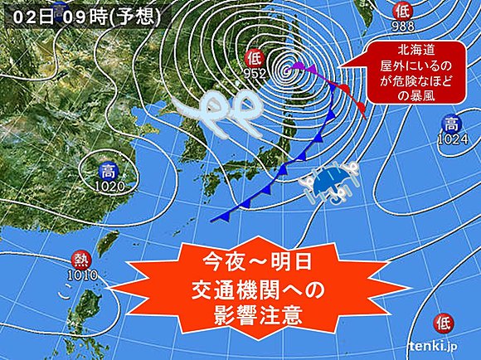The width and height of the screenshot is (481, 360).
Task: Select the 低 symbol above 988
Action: [x=402, y=11]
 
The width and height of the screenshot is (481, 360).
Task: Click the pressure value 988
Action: [x=402, y=24]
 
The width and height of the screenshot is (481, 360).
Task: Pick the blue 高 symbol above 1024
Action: [x=450, y=125]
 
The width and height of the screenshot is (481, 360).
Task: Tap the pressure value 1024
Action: [x=450, y=139]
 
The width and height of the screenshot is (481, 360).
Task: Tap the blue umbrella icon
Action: [x=330, y=181]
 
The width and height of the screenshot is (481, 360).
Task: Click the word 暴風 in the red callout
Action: [x=422, y=97]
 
